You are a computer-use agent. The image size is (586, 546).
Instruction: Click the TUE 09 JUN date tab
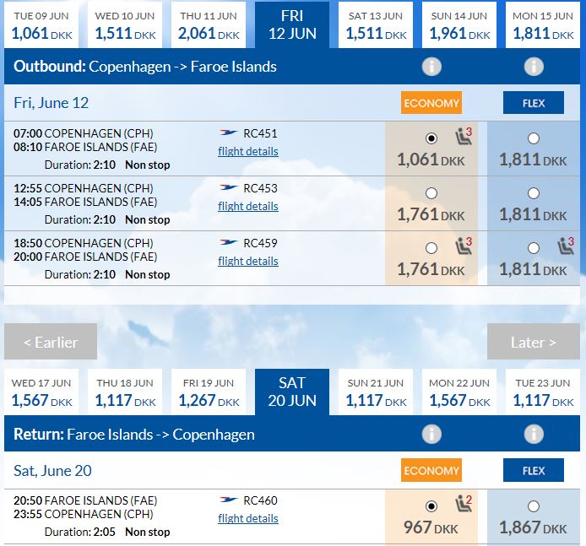(41, 25)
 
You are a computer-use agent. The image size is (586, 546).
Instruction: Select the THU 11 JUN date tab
(209, 25)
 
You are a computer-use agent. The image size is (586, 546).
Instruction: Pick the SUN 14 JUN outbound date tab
(459, 25)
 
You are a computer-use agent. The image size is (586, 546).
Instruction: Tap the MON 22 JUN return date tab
(459, 392)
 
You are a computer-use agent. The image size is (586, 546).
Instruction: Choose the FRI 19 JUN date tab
(209, 392)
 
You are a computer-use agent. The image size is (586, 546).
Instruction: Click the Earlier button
(51, 342)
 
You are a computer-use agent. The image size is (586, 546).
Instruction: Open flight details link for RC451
(248, 152)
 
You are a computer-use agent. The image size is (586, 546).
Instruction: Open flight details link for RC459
(248, 261)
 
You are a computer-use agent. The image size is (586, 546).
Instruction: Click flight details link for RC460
(248, 518)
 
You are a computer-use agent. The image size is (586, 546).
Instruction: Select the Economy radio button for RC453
(431, 193)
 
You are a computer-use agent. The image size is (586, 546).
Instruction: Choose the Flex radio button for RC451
(534, 138)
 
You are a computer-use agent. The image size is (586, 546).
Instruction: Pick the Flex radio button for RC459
(534, 248)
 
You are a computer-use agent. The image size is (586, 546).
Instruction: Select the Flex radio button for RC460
(534, 506)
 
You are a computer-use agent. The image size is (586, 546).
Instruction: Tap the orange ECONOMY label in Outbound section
(431, 103)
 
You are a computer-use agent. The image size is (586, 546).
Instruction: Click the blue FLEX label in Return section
(534, 470)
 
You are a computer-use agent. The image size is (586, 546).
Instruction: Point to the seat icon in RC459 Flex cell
(566, 246)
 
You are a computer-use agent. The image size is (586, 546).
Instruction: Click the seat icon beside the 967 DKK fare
(464, 503)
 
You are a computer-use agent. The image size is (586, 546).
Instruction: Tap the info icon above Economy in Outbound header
(431, 67)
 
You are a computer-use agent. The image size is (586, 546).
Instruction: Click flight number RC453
(260, 188)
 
